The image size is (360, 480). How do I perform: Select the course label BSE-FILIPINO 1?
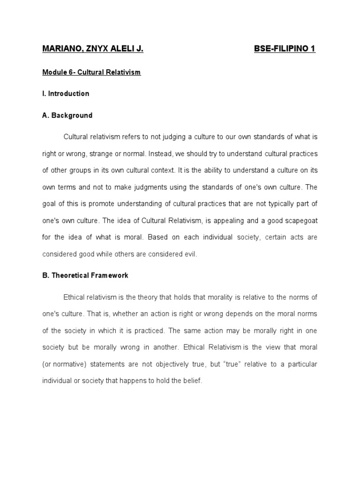285,49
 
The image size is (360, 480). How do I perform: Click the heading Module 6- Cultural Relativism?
91,73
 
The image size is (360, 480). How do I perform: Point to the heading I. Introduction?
66,94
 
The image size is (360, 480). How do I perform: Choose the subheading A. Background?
67,115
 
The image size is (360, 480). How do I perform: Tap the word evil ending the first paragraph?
191,254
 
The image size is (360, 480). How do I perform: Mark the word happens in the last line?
140,381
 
